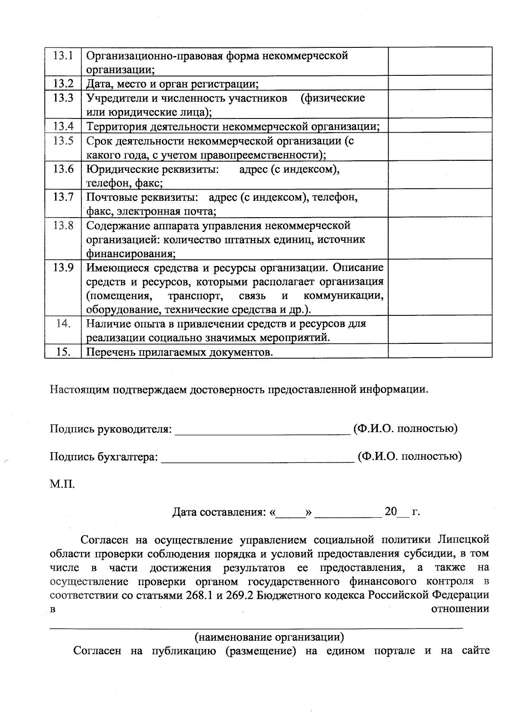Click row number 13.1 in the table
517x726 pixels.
tap(63, 56)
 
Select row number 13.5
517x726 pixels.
tap(63, 141)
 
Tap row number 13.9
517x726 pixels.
tap(63, 268)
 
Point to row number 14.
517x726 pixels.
tap(63, 324)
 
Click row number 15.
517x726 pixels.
tap(63, 352)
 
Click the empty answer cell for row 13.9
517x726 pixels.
tap(440, 287)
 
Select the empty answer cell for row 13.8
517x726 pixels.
tap(440, 238)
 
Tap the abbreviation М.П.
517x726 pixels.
tap(62, 484)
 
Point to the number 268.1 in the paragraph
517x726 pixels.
tap(200, 595)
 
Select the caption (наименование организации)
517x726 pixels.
tap(269, 637)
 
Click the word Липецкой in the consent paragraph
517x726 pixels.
tap(463, 539)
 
